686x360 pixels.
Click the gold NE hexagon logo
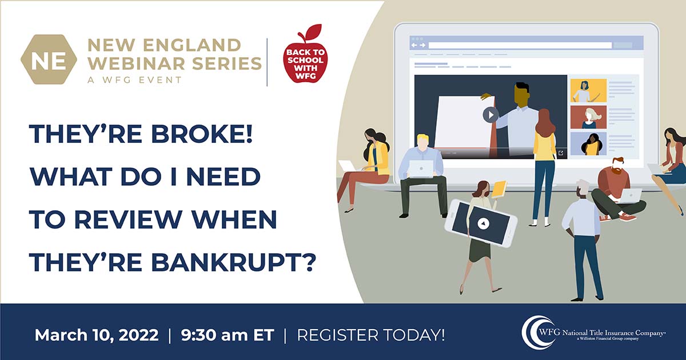(49, 59)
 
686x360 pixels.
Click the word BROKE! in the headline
(202, 134)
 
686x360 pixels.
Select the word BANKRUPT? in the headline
(233, 262)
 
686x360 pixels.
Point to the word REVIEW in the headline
(128, 219)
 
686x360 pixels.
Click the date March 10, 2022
(97, 335)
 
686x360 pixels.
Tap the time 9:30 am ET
(228, 335)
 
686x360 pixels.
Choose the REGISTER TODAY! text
(371, 335)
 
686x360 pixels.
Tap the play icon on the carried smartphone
(483, 223)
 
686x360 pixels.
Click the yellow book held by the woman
(498, 189)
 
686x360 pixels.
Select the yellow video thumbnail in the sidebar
(588, 91)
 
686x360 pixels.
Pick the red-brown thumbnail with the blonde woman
(588, 117)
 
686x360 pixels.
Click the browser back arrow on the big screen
(414, 45)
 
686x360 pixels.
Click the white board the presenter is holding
(462, 122)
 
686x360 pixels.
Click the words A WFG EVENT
(135, 80)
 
